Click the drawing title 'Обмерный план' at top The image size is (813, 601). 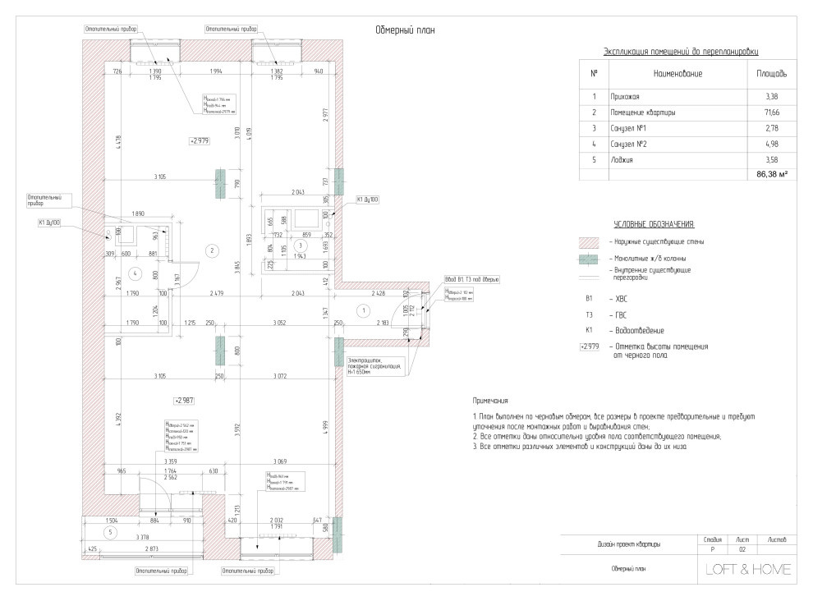click(404, 30)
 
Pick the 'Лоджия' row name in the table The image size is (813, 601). click(622, 159)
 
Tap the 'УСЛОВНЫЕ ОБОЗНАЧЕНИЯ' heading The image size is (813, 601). click(655, 224)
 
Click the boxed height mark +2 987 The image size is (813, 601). click(182, 400)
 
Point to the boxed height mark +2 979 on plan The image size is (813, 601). click(200, 141)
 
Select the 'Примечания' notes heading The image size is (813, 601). click(491, 401)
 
